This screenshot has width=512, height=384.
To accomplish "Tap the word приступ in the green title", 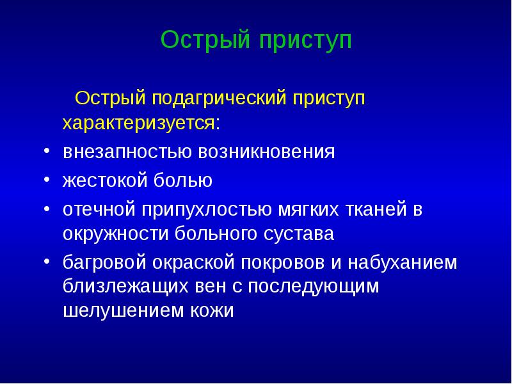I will (x=306, y=41).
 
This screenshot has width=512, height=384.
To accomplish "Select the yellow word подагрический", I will (x=219, y=99).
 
